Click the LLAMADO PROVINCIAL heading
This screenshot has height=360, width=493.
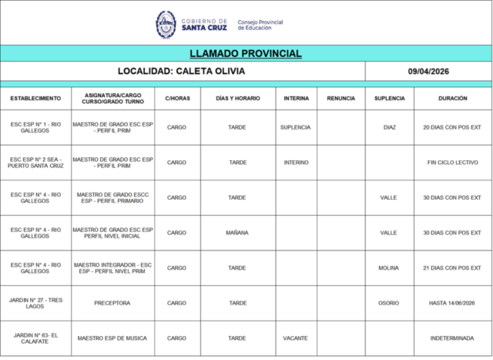(x=245, y=53)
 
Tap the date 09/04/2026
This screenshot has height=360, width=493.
(x=428, y=71)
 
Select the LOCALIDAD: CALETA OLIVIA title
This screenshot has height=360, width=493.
(x=183, y=71)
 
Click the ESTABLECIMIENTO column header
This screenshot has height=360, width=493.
(x=35, y=99)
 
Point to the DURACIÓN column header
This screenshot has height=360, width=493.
(x=452, y=99)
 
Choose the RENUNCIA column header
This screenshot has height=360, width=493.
(x=340, y=99)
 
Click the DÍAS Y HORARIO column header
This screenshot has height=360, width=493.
(x=237, y=99)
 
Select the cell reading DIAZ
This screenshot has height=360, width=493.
(x=389, y=127)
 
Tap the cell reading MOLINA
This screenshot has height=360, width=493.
(x=389, y=267)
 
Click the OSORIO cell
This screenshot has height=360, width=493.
(x=389, y=303)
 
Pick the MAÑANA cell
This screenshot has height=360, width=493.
(x=237, y=232)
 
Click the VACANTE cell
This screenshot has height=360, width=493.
(x=296, y=338)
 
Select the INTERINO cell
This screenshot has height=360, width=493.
(x=296, y=163)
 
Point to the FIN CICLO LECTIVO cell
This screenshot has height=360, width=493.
(x=452, y=163)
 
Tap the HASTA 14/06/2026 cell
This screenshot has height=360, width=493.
(x=452, y=303)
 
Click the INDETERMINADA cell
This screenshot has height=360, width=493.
(x=452, y=338)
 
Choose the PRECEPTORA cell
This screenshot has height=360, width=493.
(x=112, y=303)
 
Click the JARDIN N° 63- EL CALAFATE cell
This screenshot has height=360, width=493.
(x=35, y=338)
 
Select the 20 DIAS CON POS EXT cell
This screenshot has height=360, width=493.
(x=452, y=127)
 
